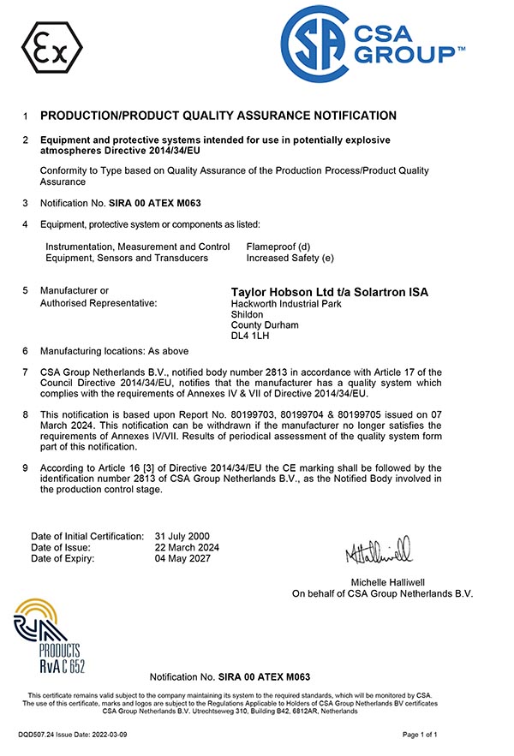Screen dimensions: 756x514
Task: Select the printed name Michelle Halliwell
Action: pyautogui.click(x=382, y=582)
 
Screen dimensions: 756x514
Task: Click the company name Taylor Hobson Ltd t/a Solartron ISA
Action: pyautogui.click(x=330, y=292)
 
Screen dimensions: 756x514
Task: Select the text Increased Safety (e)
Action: pyautogui.click(x=290, y=258)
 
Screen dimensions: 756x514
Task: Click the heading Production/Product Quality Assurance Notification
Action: pyautogui.click(x=218, y=116)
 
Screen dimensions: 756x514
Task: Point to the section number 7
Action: pyautogui.click(x=26, y=372)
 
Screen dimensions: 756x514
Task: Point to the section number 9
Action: pyautogui.click(x=26, y=467)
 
